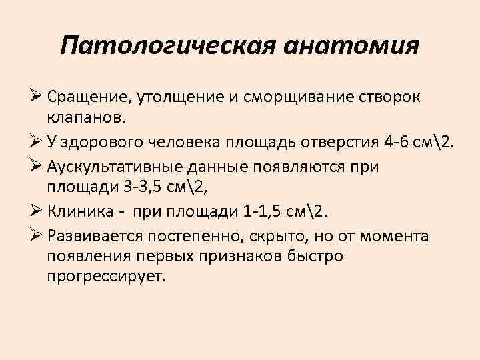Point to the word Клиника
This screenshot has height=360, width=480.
[x=75, y=211]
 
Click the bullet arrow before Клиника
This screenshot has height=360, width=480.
[x=37, y=211]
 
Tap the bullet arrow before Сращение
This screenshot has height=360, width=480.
[x=37, y=98]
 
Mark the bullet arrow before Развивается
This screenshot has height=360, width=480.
[x=37, y=236]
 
